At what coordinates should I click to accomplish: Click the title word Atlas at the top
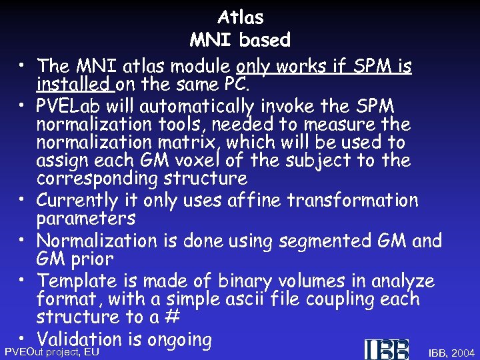click(240, 17)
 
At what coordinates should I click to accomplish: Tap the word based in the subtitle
click(265, 40)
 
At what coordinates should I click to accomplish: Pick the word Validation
click(80, 339)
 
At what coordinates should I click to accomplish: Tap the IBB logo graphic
click(386, 349)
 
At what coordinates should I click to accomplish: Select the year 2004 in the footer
click(463, 352)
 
